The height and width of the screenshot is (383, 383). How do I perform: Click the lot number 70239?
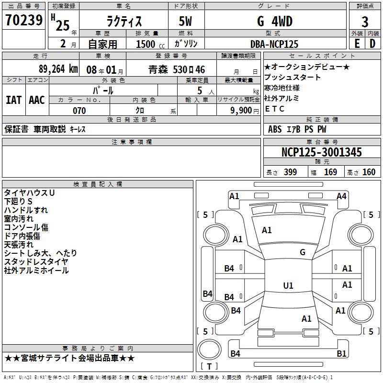click(x=24, y=20)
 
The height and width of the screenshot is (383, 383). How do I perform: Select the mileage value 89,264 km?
click(x=58, y=69)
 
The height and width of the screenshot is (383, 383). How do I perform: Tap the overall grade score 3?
click(x=365, y=22)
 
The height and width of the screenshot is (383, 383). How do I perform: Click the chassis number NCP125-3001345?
click(x=322, y=152)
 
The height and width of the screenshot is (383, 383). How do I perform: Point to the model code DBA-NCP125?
click(x=274, y=44)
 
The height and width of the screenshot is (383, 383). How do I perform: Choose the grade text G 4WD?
click(x=275, y=21)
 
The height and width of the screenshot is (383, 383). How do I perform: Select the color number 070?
click(x=79, y=111)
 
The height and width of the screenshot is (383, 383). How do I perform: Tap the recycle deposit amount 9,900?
click(x=241, y=111)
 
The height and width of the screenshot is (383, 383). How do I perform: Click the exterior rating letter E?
click(x=357, y=44)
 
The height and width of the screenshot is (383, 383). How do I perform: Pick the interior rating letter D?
click(x=372, y=44)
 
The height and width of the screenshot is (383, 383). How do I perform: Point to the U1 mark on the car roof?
click(x=288, y=285)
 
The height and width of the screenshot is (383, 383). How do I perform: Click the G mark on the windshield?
click(x=303, y=252)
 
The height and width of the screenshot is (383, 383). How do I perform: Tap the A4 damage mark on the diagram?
click(x=341, y=196)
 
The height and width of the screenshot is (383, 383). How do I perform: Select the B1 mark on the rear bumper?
click(x=341, y=353)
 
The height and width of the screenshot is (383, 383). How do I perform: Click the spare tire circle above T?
click(x=209, y=349)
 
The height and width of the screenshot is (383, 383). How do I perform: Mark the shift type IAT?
click(x=14, y=100)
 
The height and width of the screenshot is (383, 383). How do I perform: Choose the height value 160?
click(x=369, y=172)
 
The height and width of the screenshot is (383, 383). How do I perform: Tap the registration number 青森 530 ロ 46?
click(x=177, y=69)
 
